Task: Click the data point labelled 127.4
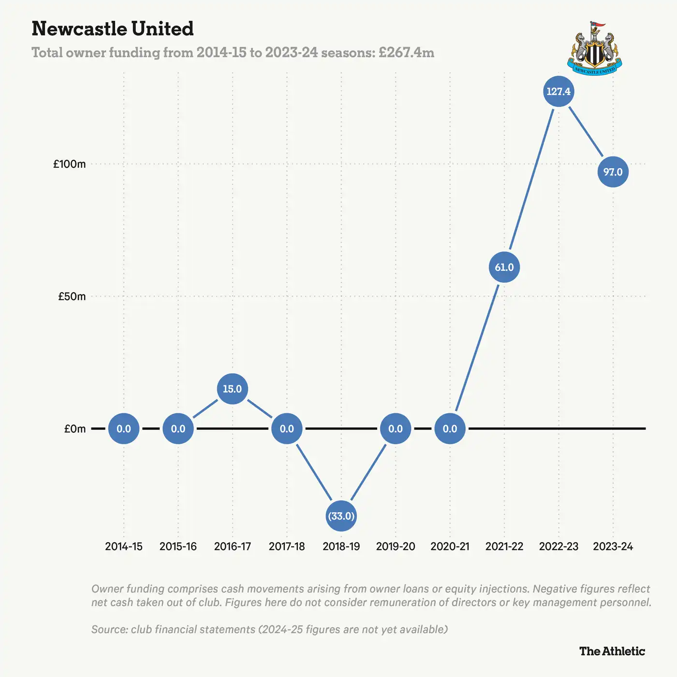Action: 559,91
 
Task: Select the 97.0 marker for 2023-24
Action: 613,172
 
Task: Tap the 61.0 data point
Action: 504,267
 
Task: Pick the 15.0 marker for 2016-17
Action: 232,389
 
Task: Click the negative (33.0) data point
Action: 341,516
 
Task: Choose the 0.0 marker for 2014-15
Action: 124,428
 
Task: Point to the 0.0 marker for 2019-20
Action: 396,428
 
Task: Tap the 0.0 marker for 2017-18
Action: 287,428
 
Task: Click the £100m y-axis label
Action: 70,164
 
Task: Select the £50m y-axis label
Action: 72,296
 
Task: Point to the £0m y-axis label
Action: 75,429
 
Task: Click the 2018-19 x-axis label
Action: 341,546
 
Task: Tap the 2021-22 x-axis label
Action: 504,546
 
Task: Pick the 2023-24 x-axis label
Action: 613,546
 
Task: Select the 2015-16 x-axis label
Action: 178,546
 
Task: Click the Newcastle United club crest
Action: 594,48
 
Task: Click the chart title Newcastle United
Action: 113,29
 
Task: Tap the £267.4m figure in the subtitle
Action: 406,52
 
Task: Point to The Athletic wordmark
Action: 612,651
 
